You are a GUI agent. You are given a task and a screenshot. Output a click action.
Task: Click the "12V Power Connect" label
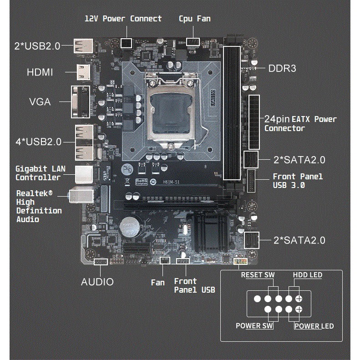(x=123, y=19)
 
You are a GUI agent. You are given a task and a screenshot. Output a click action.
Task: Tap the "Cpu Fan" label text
(x=195, y=19)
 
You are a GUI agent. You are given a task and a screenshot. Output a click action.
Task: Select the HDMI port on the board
(x=83, y=72)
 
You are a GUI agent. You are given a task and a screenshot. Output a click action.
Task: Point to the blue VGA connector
(x=81, y=102)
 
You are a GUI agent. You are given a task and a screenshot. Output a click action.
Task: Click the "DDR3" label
(x=282, y=68)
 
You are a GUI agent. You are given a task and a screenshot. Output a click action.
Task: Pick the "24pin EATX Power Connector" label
(x=300, y=123)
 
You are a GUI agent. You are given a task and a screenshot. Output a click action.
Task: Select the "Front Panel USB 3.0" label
(x=298, y=181)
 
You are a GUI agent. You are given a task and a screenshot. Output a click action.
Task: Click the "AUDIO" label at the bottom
(x=97, y=282)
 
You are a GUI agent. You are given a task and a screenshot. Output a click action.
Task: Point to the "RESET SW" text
(x=258, y=275)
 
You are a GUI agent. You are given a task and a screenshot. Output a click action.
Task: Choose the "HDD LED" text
(x=308, y=275)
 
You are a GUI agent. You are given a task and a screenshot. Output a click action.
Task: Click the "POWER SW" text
(x=254, y=326)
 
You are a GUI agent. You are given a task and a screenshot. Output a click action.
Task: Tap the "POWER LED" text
(x=314, y=326)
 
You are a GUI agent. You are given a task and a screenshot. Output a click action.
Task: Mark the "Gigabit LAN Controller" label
(x=41, y=173)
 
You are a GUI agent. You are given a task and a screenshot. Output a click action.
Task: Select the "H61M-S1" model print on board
(x=171, y=182)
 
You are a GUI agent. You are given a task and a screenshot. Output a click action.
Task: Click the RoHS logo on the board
(x=142, y=182)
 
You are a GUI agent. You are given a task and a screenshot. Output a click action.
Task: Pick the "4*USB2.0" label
(x=39, y=142)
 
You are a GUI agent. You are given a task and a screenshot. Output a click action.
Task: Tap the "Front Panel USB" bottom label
(x=194, y=286)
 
